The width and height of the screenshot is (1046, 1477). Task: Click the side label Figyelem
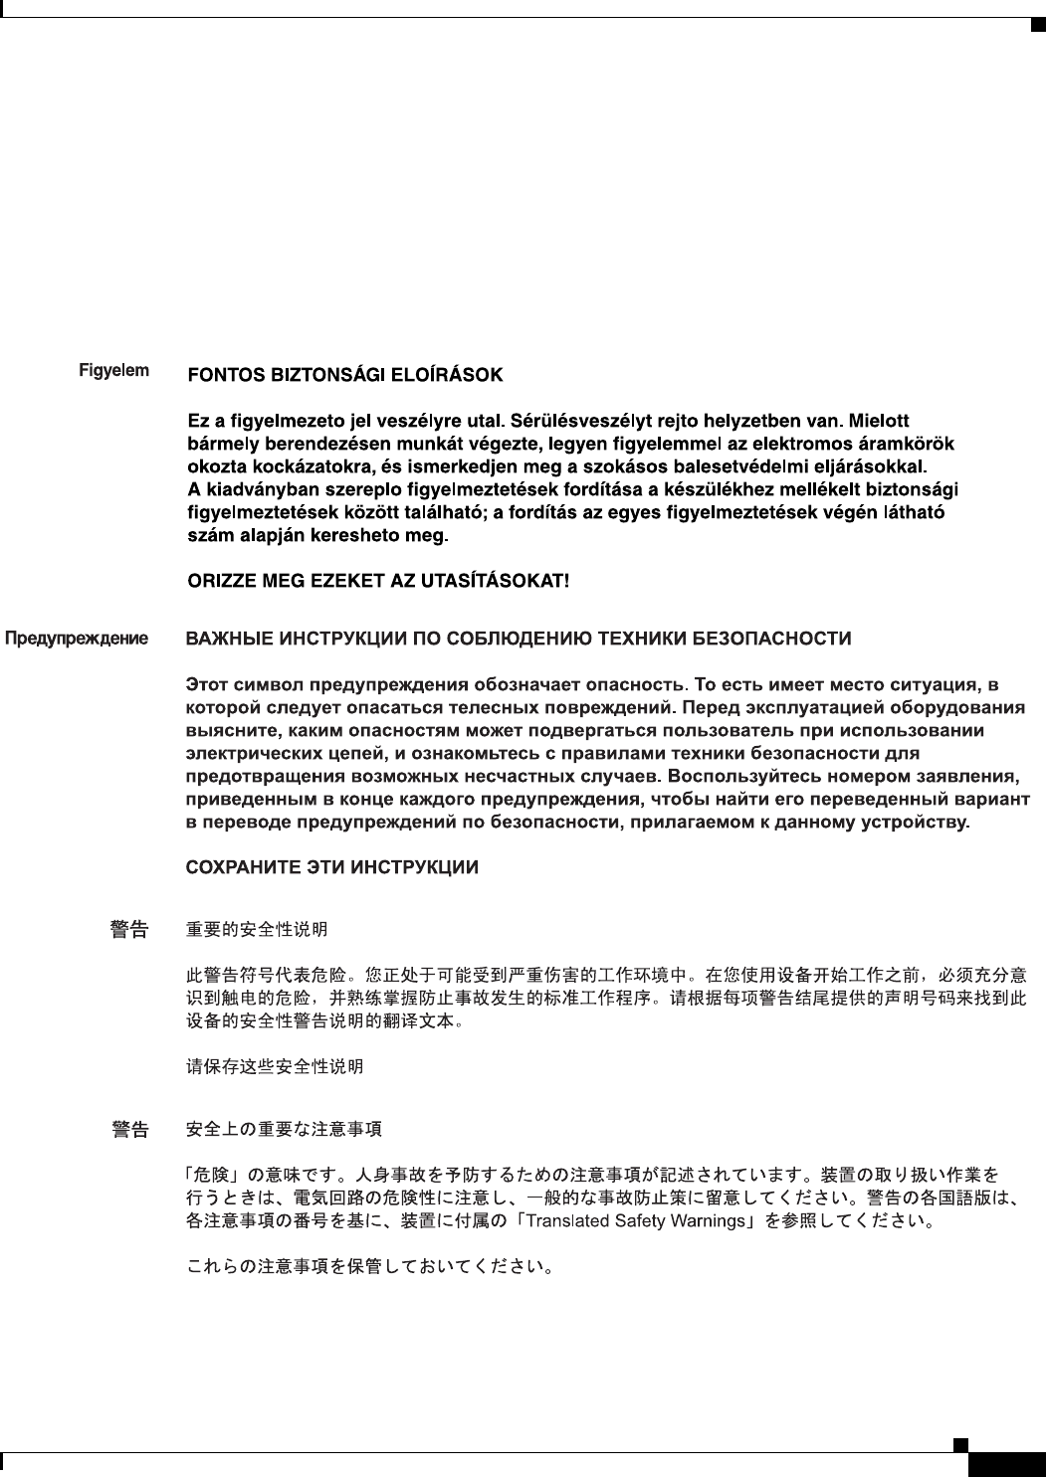[x=114, y=371]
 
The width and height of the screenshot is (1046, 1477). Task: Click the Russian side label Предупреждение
[x=78, y=638]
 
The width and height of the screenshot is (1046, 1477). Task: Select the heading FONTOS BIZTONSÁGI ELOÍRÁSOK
[x=345, y=376]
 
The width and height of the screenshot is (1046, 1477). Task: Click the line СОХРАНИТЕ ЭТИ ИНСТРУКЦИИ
[x=333, y=867]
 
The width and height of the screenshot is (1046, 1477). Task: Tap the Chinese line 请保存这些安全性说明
[x=276, y=1066]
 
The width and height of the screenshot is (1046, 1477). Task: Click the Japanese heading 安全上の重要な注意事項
[x=285, y=1129]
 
